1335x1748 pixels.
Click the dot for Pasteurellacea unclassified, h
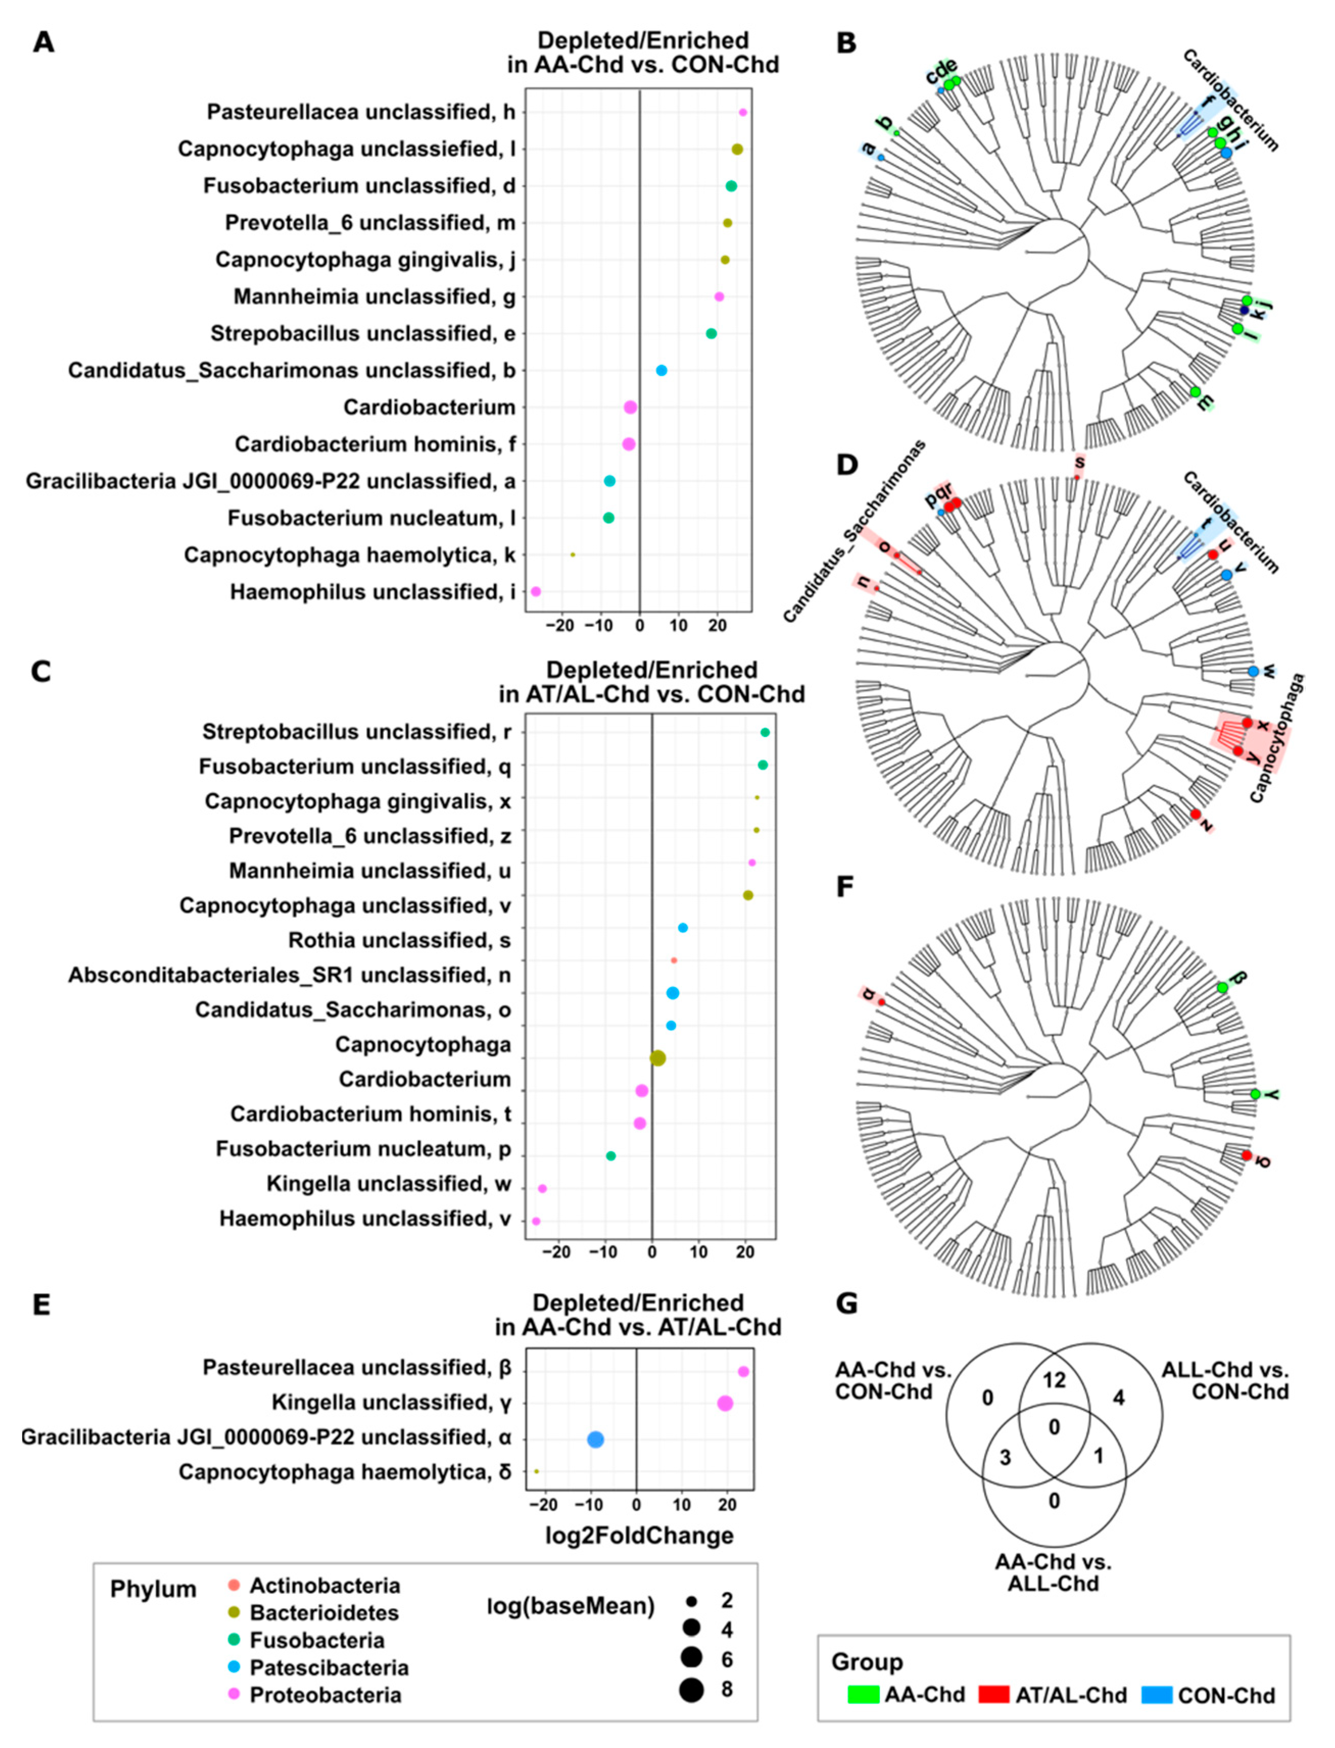(x=743, y=113)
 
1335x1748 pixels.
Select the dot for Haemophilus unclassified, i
(x=536, y=592)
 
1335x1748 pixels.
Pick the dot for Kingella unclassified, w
(x=542, y=1189)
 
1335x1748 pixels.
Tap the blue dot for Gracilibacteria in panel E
(x=595, y=1439)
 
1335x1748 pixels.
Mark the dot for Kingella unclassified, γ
(x=725, y=1404)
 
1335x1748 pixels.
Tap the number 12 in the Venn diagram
(x=1054, y=1381)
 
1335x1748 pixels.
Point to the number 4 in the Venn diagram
(x=1118, y=1398)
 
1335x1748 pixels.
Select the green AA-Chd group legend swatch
(x=863, y=1695)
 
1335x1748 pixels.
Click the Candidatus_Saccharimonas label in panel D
(x=854, y=533)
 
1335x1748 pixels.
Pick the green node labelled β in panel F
(x=1222, y=987)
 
